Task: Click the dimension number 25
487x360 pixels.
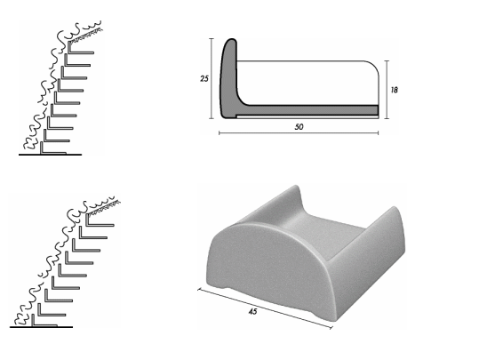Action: (x=204, y=78)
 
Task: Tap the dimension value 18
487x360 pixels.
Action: (x=394, y=90)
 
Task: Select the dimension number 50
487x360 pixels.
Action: (x=299, y=127)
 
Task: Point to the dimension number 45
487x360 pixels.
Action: (x=253, y=311)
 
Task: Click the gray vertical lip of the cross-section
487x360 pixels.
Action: (x=228, y=77)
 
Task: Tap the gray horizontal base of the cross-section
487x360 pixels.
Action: (x=307, y=110)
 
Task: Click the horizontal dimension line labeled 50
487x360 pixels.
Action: (x=299, y=133)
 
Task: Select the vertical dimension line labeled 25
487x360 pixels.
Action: (x=212, y=78)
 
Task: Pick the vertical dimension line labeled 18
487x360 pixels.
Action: (x=387, y=90)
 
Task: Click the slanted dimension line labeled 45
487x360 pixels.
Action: (x=265, y=308)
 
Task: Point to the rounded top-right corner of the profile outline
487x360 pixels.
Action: (x=373, y=66)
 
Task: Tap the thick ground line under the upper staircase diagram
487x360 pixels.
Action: (x=50, y=155)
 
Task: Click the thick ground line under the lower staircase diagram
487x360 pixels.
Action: (x=41, y=327)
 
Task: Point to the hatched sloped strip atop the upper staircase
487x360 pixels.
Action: (x=86, y=35)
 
